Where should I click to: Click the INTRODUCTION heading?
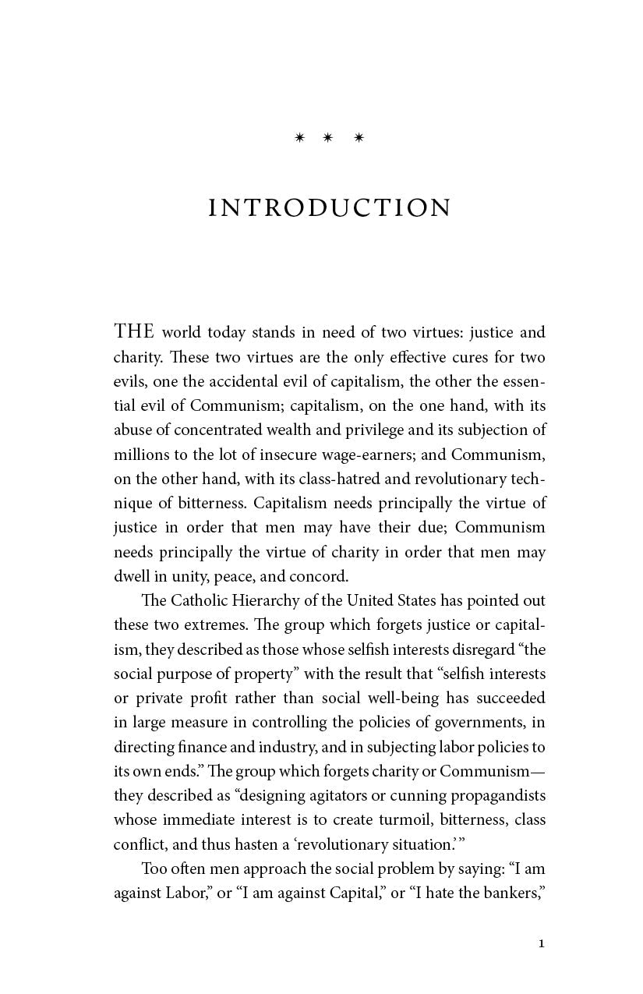pyautogui.click(x=330, y=208)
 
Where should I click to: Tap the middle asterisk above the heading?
pyautogui.click(x=327, y=138)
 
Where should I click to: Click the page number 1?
pyautogui.click(x=542, y=944)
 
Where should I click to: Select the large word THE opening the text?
pyautogui.click(x=135, y=332)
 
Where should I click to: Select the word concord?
pyautogui.click(x=318, y=576)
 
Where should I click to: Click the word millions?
pyautogui.click(x=141, y=455)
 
